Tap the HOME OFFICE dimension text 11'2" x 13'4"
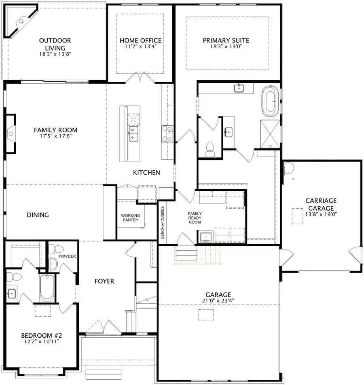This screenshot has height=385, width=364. tap(140, 47)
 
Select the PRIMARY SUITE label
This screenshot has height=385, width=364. tap(226, 40)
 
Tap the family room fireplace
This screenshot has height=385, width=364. tap(10, 133)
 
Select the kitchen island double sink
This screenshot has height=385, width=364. tap(133, 134)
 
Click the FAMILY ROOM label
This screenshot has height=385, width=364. tap(55, 130)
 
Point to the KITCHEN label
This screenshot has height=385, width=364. tap(146, 173)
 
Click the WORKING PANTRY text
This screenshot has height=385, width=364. tap(130, 218)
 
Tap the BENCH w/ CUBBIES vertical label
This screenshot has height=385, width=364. tap(162, 222)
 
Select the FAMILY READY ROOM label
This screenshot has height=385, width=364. tap(195, 218)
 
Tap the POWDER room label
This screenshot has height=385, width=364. tap(67, 256)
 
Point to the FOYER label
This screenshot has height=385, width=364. tap(104, 281)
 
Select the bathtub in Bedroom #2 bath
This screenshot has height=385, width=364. tap(47, 288)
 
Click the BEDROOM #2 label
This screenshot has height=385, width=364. tap(41, 336)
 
